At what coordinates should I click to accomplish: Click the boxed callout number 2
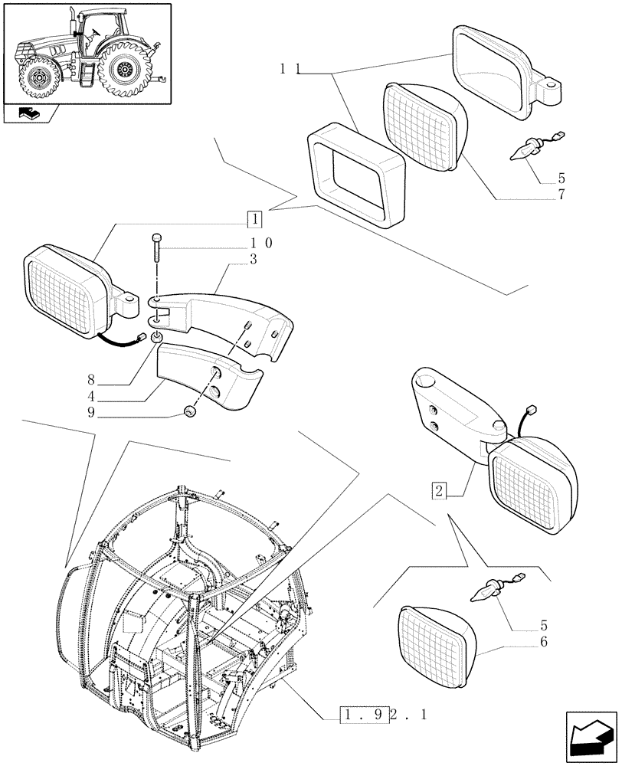pos(439,489)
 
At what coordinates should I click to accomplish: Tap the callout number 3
pos(253,260)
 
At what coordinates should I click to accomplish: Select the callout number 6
pos(543,642)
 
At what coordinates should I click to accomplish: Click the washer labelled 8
pos(156,339)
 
